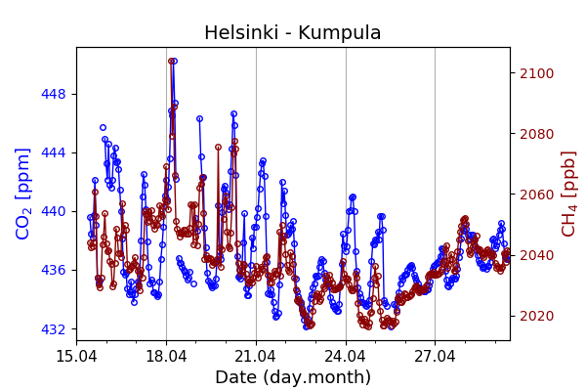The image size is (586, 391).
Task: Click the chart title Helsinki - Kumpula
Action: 293,33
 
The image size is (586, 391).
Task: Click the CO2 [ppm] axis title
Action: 23,194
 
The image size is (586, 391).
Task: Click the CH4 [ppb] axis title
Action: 568,194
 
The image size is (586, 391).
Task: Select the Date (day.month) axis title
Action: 293,377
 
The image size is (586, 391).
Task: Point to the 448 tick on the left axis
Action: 54,94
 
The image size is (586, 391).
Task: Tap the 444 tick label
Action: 54,152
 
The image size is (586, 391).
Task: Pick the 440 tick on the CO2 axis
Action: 54,211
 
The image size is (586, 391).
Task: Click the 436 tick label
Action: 54,270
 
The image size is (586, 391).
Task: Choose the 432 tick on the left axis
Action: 54,328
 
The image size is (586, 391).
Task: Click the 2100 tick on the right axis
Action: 535,73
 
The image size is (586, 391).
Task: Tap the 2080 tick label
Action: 535,134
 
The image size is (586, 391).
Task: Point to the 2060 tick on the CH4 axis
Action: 535,195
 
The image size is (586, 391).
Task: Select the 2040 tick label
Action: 535,255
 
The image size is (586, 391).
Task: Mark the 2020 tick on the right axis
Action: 535,316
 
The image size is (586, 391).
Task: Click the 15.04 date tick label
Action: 76,355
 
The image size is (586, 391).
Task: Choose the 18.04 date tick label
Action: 166,355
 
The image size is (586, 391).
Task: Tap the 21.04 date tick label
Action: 256,355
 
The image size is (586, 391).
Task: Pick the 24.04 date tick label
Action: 346,355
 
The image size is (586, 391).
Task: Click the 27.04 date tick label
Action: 436,355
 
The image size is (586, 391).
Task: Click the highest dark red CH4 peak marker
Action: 171,61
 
